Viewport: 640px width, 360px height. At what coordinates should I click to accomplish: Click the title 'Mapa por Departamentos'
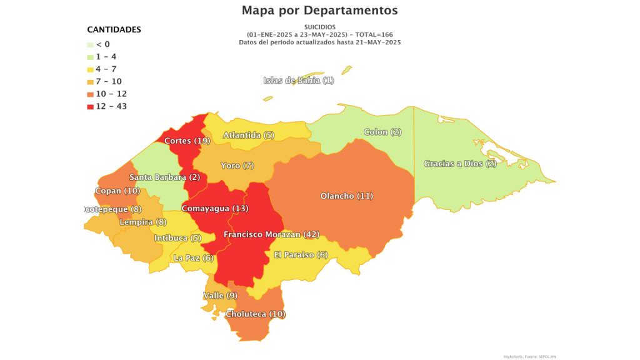[x=319, y=11]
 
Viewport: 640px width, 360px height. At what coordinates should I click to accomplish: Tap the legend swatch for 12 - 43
[x=91, y=106]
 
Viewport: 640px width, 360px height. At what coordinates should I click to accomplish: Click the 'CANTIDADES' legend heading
[x=114, y=29]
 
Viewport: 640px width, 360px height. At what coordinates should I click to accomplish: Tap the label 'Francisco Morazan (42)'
[x=271, y=234]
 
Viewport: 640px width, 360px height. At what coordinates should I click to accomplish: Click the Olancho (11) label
[x=346, y=196]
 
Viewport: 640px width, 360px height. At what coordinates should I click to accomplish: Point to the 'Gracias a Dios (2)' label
[x=460, y=164]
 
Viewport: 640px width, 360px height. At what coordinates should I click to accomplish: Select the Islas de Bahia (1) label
[x=299, y=80]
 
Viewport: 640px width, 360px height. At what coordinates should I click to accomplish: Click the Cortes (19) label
[x=187, y=141]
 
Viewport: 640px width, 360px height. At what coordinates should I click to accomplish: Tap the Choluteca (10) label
[x=256, y=314]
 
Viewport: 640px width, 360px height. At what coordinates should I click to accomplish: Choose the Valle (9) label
[x=220, y=295]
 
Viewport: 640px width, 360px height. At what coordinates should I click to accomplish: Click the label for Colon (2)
[x=382, y=132]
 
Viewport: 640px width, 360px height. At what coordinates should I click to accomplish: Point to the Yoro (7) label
[x=237, y=166]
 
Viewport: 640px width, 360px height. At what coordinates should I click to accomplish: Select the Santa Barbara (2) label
[x=165, y=177]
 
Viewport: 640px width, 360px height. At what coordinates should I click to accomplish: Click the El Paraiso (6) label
[x=301, y=254]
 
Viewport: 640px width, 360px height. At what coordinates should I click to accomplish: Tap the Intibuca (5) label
[x=177, y=237]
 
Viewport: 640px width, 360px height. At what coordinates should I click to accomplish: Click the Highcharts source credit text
[x=529, y=356]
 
